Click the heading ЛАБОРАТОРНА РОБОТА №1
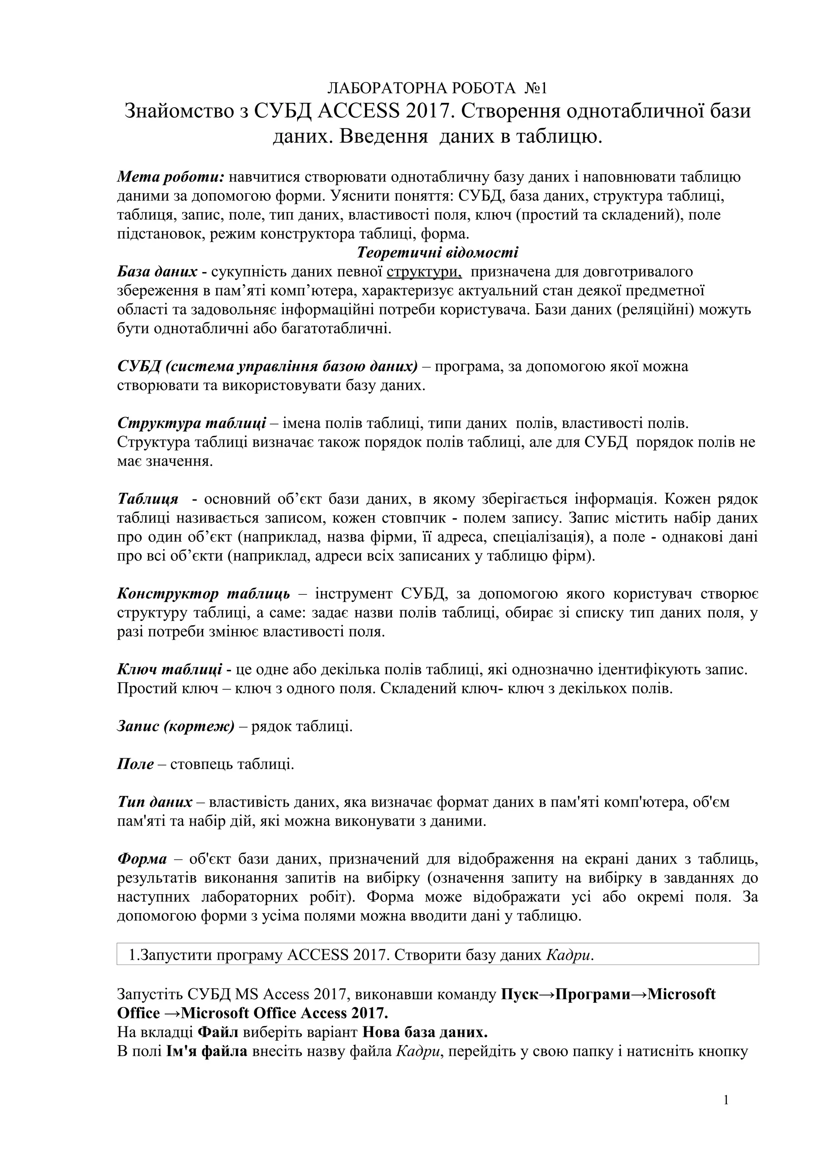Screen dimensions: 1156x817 pyautogui.click(x=437, y=89)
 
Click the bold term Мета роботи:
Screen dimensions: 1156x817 pyautogui.click(x=170, y=177)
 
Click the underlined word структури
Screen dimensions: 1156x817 pyautogui.click(x=424, y=272)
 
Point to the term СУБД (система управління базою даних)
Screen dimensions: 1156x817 pyautogui.click(x=267, y=367)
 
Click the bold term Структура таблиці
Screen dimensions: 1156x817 pyautogui.click(x=192, y=424)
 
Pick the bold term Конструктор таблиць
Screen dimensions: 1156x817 pyautogui.click(x=203, y=594)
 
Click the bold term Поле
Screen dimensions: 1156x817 pyautogui.click(x=135, y=764)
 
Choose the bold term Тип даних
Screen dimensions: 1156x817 pyautogui.click(x=154, y=803)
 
